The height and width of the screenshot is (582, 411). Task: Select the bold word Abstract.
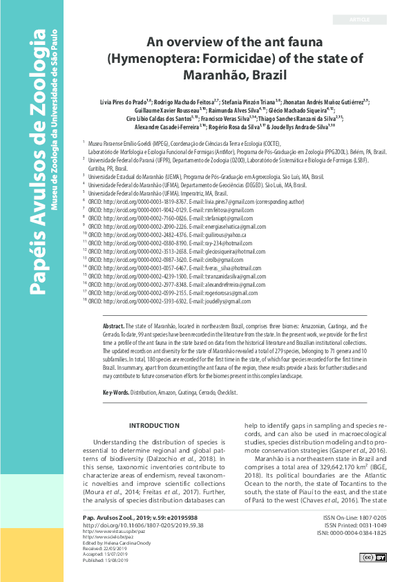(113, 326)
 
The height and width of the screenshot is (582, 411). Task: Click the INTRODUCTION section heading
(154, 426)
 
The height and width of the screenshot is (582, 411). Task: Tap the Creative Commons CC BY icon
(374, 557)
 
